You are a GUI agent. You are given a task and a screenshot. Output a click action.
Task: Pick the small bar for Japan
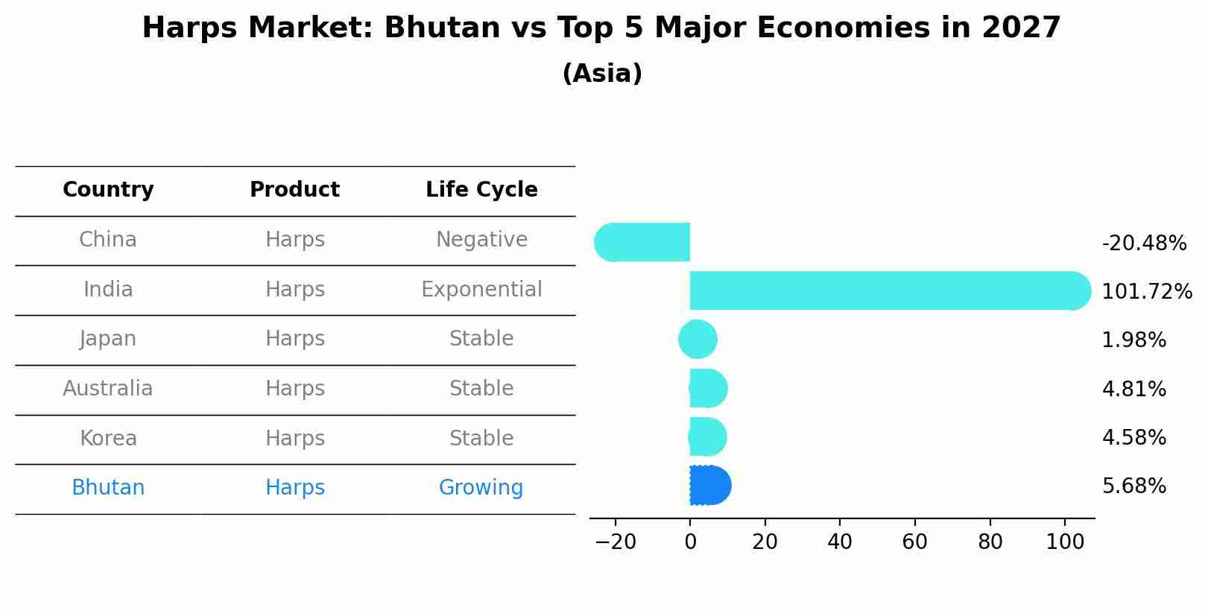[x=698, y=340]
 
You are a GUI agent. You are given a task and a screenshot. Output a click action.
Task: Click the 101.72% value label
[x=1146, y=292]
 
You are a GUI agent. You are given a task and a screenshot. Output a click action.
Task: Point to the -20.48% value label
[x=1143, y=244]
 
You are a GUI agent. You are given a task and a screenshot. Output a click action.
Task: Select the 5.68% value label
[x=1133, y=486]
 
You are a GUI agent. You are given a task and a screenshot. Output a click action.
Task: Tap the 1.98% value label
[x=1133, y=340]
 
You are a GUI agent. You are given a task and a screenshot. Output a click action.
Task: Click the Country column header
[x=108, y=190]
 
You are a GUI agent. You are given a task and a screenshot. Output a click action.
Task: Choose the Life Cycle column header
[x=481, y=190]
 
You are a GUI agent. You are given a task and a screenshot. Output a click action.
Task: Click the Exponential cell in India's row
[x=481, y=290]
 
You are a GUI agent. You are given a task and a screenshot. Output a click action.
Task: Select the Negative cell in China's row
[x=481, y=240]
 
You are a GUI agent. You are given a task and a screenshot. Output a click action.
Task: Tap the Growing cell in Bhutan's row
[x=481, y=488]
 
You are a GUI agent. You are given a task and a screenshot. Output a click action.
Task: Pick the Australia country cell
[x=108, y=389]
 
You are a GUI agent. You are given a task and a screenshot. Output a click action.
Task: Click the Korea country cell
[x=108, y=439]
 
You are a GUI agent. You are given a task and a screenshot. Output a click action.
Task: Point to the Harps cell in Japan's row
[x=295, y=339]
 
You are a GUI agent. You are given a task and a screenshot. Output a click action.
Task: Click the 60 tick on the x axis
[x=914, y=542]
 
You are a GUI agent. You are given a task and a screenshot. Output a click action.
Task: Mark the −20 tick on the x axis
[x=616, y=542]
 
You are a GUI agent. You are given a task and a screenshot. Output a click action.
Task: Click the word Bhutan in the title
[x=442, y=28]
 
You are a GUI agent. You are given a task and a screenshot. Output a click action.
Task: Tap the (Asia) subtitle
[x=602, y=74]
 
